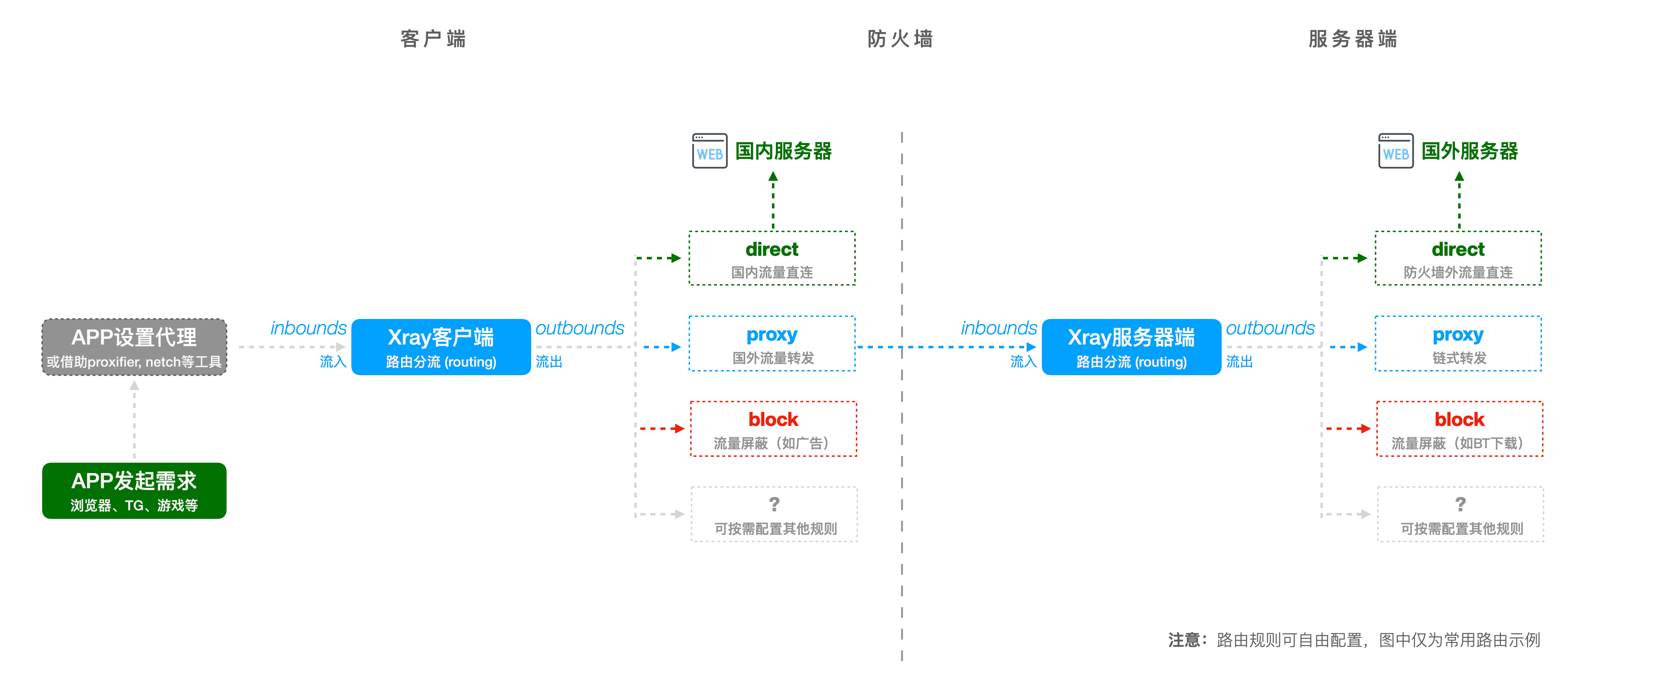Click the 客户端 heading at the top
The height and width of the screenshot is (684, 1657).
433,39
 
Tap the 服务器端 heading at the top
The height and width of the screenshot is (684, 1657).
1353,39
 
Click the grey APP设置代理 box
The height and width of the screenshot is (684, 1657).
134,347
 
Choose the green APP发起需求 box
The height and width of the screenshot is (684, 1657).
134,490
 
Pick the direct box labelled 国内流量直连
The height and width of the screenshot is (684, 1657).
772,258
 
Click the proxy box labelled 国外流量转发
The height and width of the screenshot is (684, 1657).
772,344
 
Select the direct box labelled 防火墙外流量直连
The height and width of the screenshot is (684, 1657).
1458,258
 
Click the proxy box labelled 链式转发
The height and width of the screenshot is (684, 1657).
1458,344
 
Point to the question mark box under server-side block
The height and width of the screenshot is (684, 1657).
1460,514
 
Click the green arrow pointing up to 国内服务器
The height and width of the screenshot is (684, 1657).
773,199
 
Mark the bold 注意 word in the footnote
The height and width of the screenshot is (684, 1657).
1184,640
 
